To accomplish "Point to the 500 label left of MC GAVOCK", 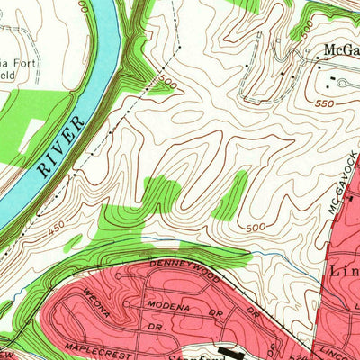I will tap(256, 228).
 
